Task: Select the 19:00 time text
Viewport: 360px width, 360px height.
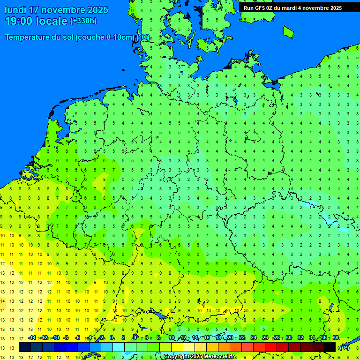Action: point(19,21)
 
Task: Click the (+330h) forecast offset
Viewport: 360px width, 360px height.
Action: point(83,21)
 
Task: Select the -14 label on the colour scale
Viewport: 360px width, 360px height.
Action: point(32,338)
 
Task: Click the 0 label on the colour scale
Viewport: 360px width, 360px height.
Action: point(112,338)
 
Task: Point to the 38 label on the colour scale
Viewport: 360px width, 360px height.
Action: point(335,338)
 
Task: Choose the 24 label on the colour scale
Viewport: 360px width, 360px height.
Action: point(253,338)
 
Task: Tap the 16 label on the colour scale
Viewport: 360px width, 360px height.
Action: point(206,338)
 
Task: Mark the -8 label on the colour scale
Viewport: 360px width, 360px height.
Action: point(66,338)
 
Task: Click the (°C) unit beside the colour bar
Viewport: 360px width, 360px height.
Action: point(345,348)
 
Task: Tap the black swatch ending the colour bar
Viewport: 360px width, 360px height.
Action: point(330,347)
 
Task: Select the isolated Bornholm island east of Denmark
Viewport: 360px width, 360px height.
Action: point(288,31)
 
